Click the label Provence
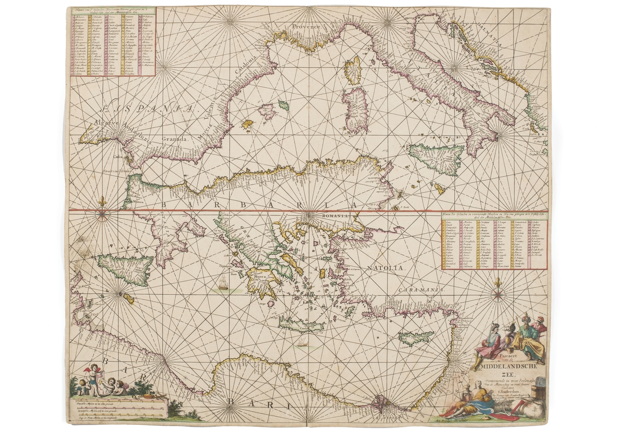(305, 26)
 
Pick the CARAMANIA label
(422, 290)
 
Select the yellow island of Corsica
(353, 70)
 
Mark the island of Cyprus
(416, 338)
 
